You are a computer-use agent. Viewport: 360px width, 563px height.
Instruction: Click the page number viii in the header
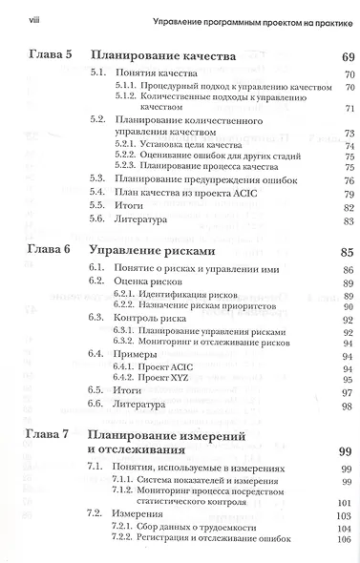coord(18,18)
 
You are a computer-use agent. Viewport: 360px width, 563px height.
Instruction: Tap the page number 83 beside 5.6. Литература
coord(347,219)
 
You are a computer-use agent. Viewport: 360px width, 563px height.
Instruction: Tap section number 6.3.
coord(96,316)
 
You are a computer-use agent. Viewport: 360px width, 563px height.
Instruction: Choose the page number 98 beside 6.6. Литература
coord(347,405)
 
